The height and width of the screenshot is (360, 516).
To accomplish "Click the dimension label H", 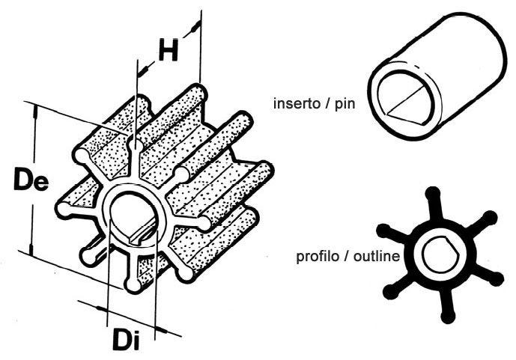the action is [x=169, y=50].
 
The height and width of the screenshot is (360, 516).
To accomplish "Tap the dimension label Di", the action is [x=127, y=340].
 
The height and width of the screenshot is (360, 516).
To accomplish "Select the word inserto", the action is [x=297, y=103].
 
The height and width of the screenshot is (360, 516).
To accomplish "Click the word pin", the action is [x=345, y=104].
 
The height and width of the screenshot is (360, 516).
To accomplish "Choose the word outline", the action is [x=377, y=255].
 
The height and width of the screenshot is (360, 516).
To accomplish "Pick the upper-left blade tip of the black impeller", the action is [x=383, y=231].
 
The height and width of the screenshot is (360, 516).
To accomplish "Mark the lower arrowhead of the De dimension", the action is [x=31, y=250].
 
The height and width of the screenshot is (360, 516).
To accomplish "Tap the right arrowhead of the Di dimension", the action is [x=161, y=330].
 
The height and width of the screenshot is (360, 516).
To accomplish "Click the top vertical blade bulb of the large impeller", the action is [x=135, y=144].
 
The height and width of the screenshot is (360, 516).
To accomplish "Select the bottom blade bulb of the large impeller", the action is [x=133, y=284].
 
